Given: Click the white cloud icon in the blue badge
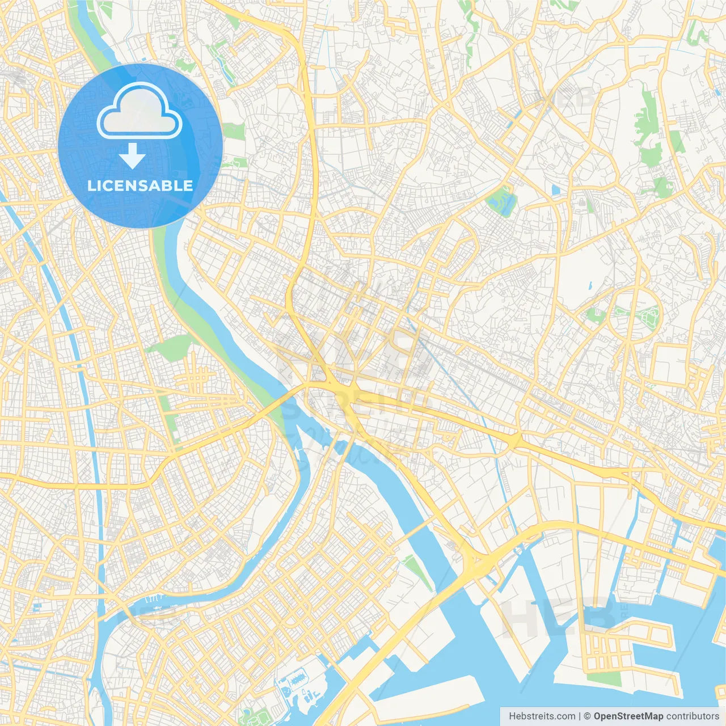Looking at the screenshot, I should [140, 111].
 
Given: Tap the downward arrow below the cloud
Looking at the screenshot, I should [133, 156].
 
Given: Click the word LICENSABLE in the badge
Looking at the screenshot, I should [140, 185].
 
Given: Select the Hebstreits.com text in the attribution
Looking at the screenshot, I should [542, 716].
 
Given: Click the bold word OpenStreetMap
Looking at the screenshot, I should [628, 716].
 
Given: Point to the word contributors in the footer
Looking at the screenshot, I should [693, 716].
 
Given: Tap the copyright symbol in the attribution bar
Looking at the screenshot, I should [588, 716].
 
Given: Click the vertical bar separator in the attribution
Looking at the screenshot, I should [579, 716].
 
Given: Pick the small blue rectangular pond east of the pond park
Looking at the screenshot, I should [555, 190].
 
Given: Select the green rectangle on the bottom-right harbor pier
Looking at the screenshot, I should [603, 678].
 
